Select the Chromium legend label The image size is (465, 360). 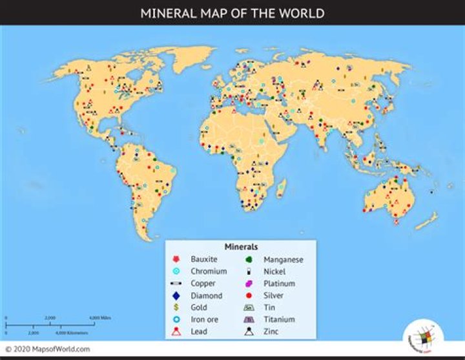(x=208, y=271)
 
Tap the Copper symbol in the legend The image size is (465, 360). (x=175, y=284)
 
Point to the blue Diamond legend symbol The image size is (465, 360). (x=175, y=295)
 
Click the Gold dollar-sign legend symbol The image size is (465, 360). (x=175, y=308)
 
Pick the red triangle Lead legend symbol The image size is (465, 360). (x=175, y=332)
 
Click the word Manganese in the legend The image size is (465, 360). (x=283, y=259)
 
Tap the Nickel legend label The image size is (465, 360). (x=274, y=271)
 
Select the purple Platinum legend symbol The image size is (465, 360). (x=249, y=284)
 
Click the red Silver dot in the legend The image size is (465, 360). (x=249, y=295)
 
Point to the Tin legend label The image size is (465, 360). (x=269, y=308)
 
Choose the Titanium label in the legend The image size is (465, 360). (x=279, y=319)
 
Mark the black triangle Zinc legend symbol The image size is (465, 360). (x=249, y=332)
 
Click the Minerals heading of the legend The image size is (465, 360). (x=241, y=247)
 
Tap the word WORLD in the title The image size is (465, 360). (x=301, y=13)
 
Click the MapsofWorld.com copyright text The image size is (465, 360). (x=48, y=350)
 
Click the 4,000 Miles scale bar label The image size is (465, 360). (x=101, y=318)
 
